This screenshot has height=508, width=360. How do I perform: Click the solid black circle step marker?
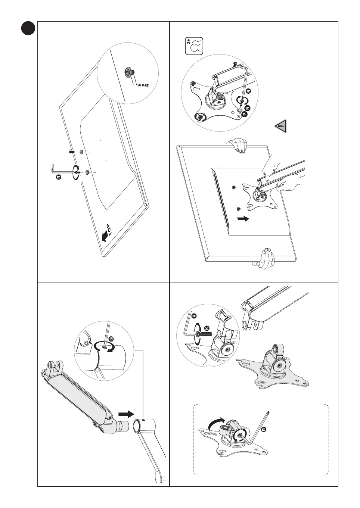point(28,28)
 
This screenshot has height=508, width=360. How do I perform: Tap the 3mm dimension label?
point(143,85)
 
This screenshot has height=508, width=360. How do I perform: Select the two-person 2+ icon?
point(194,46)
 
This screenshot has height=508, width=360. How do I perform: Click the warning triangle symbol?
point(281,127)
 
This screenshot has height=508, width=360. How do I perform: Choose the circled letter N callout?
point(247,107)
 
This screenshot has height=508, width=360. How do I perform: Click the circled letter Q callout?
point(111,339)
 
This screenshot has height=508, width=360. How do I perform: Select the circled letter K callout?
point(207,328)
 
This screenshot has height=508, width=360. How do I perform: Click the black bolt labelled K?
point(204,335)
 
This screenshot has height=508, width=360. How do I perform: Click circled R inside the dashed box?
point(264,430)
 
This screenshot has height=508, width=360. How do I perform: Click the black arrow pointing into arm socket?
point(126,414)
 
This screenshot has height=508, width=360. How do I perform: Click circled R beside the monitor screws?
point(58,177)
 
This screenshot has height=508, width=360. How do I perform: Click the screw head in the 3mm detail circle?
point(129,72)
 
